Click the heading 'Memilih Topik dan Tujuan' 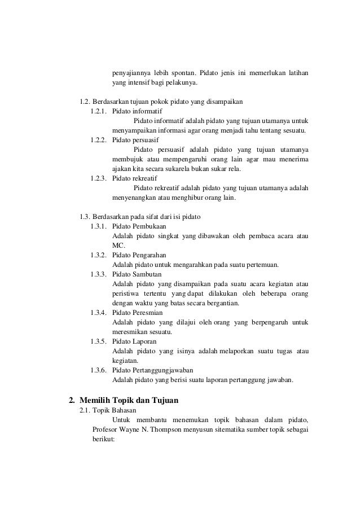[x=129, y=401]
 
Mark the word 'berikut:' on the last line [x=103, y=440]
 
